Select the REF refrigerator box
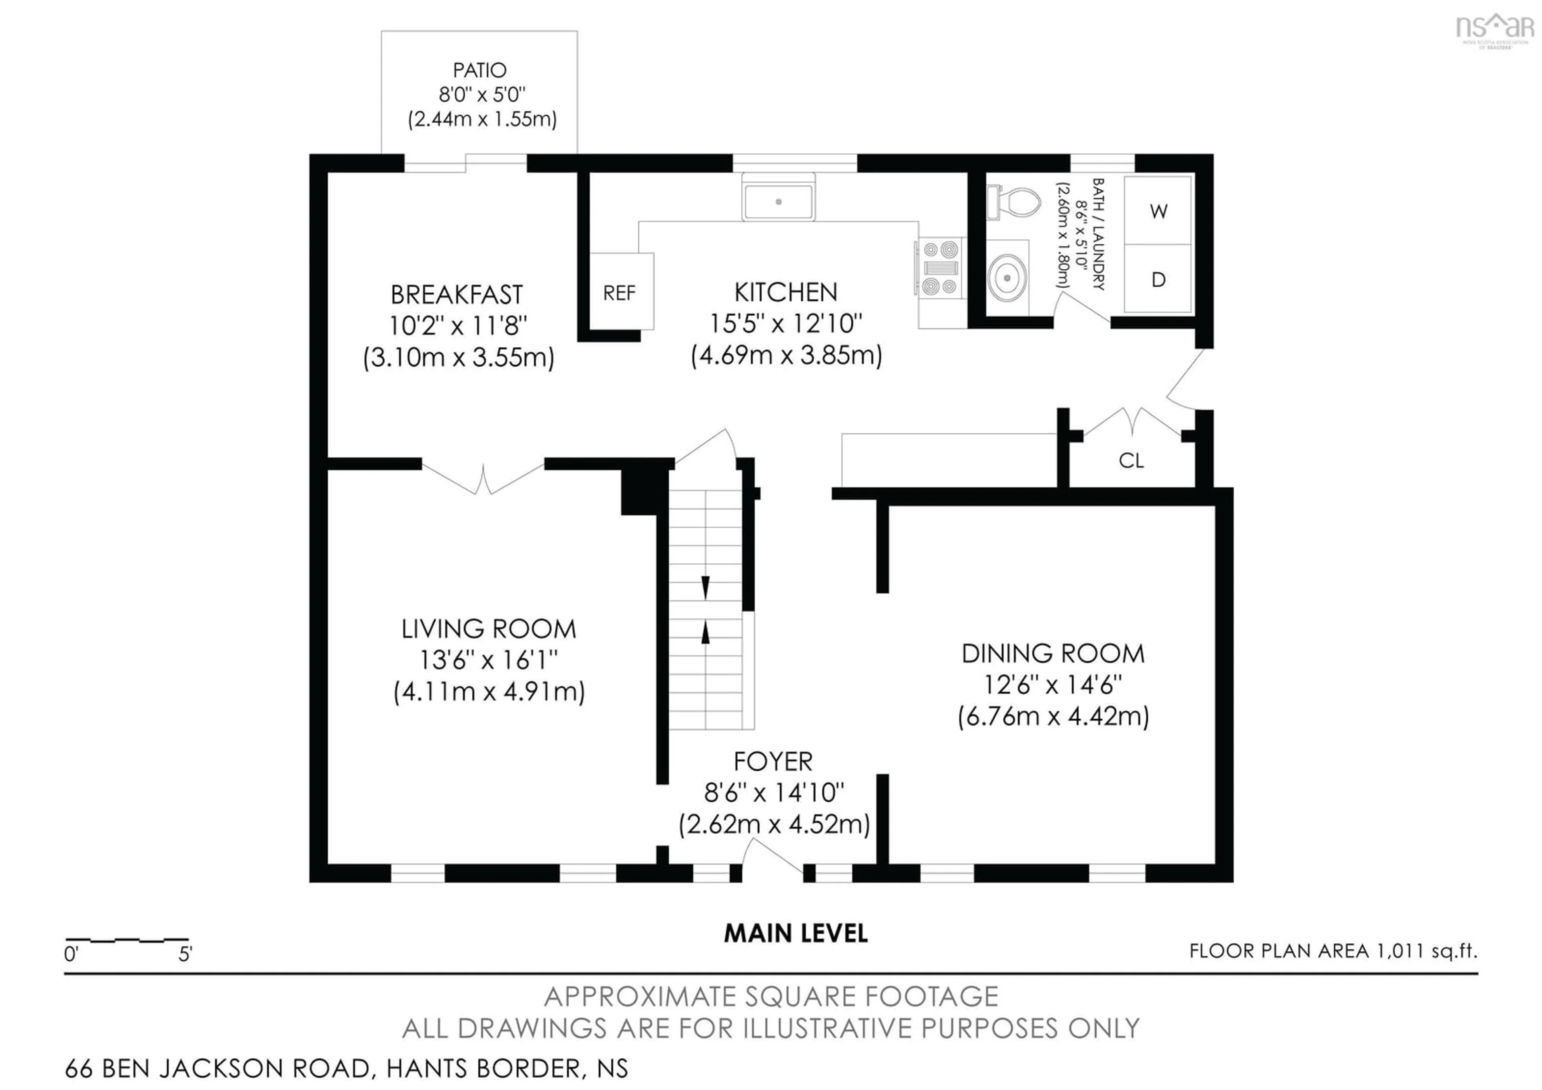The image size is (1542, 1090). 619,292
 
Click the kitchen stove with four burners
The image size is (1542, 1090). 940,268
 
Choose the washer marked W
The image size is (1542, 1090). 1158,211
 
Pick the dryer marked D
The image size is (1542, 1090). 1158,280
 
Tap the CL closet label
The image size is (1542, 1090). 1131,460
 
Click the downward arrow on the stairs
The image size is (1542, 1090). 705,587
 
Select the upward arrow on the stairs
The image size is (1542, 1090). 705,632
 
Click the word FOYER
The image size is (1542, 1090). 773,761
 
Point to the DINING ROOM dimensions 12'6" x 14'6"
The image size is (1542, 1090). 1052,685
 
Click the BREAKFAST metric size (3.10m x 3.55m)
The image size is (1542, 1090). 459,357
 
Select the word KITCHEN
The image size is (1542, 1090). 786,292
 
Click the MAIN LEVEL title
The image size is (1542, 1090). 796,933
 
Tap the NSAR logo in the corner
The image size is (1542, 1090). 1494,28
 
